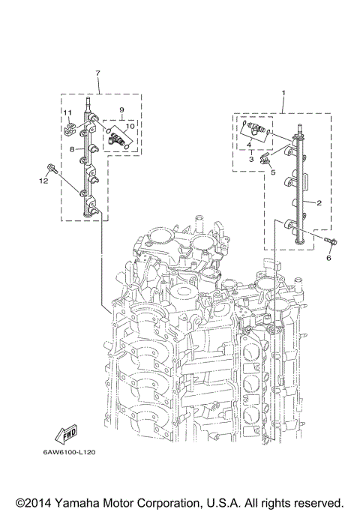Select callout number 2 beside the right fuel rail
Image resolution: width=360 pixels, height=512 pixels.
click(x=319, y=203)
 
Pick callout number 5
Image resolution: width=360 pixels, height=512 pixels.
click(x=273, y=172)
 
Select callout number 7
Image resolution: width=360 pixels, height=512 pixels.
click(x=97, y=73)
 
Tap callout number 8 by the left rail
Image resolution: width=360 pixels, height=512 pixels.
click(x=71, y=150)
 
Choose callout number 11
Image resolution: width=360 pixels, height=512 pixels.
click(x=66, y=113)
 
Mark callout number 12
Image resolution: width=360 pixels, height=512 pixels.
click(x=43, y=181)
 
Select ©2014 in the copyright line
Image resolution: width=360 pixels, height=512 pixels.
click(x=31, y=502)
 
